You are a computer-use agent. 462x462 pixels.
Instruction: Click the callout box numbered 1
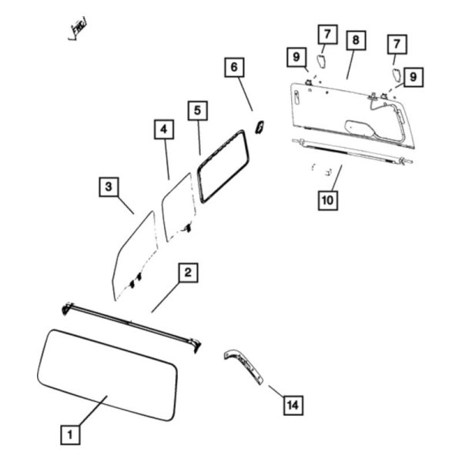[x=71, y=435]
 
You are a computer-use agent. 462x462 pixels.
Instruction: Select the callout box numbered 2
[x=189, y=272]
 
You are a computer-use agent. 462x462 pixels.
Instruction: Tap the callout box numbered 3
[x=109, y=186]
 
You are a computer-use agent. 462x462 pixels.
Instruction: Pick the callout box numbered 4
[x=163, y=130]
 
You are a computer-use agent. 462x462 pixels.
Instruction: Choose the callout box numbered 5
[x=198, y=111]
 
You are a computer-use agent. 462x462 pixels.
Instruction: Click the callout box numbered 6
[x=232, y=68]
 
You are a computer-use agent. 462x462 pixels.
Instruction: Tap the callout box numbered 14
[x=292, y=403]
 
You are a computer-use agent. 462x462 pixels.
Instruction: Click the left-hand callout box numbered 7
[x=326, y=34]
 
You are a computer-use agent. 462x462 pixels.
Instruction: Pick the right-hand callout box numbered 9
[x=413, y=77]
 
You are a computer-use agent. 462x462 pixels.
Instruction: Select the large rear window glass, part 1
[x=108, y=373]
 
